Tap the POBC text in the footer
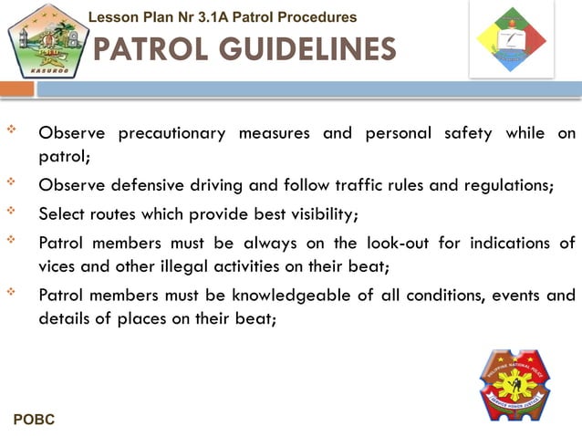point(34,420)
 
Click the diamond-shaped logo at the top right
point(511,38)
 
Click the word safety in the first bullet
point(467,134)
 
